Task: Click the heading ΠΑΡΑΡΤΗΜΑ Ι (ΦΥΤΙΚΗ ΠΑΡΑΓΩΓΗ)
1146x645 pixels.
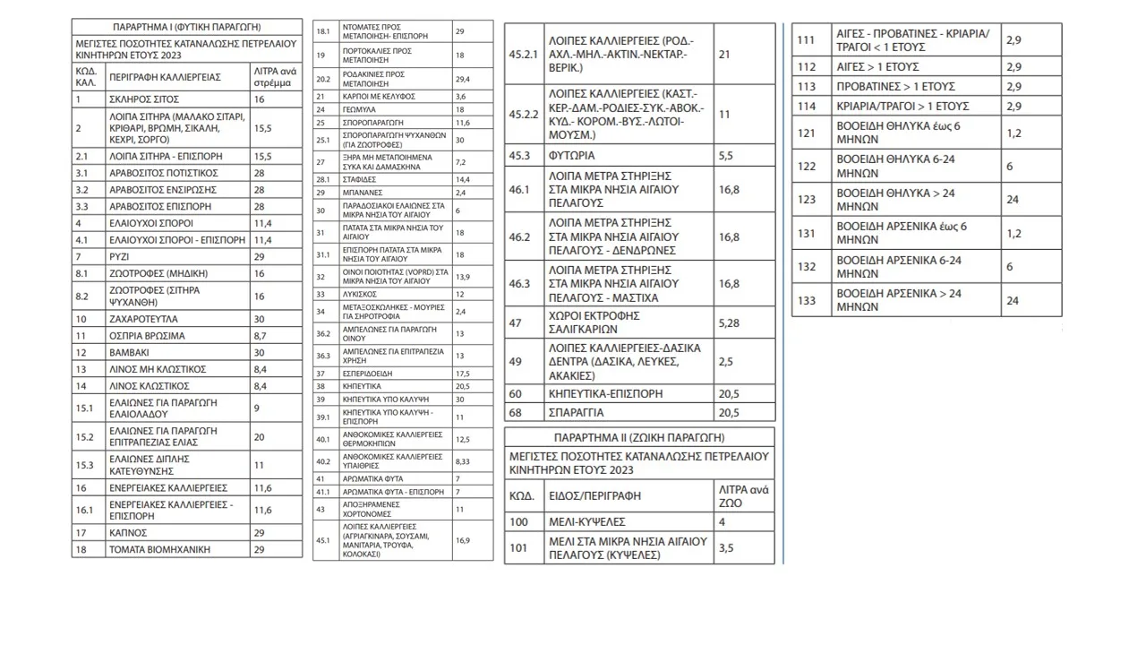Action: [x=187, y=27]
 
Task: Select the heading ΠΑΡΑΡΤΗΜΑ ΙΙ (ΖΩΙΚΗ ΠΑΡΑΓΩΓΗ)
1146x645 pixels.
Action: [x=639, y=438]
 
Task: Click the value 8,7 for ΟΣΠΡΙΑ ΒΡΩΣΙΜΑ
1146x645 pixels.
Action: [x=261, y=336]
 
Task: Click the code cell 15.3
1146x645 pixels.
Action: [x=85, y=464]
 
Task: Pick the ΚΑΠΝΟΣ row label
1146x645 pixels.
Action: [x=128, y=532]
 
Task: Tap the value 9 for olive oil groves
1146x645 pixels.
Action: [x=257, y=408]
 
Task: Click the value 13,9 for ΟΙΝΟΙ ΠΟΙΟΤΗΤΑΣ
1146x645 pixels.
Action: [x=463, y=276]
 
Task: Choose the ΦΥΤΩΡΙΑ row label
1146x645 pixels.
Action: [x=571, y=155]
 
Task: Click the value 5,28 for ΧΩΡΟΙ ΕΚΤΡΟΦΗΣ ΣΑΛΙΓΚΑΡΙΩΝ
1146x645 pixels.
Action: [x=731, y=322]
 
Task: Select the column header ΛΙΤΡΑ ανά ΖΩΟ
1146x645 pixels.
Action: [x=744, y=496]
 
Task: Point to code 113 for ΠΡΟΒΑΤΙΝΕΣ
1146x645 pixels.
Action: [x=806, y=86]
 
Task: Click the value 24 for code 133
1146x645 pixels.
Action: [x=1013, y=301]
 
